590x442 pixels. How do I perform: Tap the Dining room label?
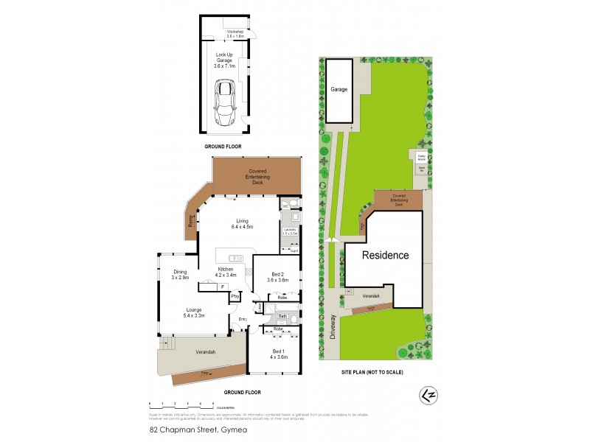point(181,275)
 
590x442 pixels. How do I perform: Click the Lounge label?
point(192,312)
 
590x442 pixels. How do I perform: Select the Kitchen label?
point(226,272)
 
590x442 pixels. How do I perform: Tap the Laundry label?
point(289,232)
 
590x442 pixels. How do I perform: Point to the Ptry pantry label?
point(235,296)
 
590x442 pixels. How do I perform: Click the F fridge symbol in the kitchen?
point(222,287)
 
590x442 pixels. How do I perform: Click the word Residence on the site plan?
point(384,255)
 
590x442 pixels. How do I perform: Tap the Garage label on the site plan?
point(339,89)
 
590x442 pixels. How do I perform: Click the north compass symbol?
point(426,395)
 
